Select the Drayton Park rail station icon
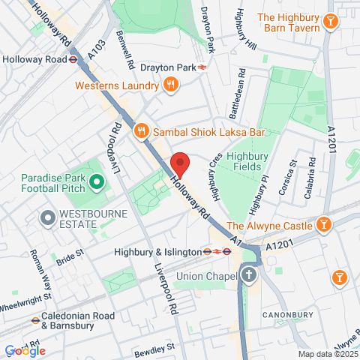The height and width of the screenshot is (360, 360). pyautogui.click(x=203, y=67)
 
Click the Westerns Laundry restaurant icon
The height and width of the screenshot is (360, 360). pyautogui.click(x=171, y=85)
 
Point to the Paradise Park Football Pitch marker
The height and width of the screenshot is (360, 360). pyautogui.click(x=96, y=181)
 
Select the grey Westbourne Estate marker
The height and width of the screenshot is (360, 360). pyautogui.click(x=47, y=218)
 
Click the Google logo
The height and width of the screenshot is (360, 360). pyautogui.click(x=24, y=350)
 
